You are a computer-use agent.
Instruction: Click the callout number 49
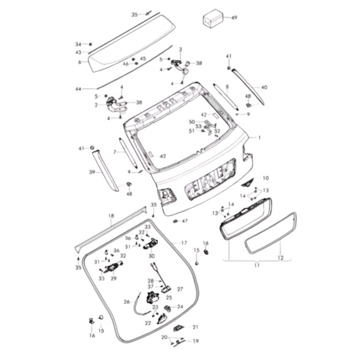tap(234, 17)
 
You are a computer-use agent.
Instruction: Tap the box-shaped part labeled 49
tap(213, 18)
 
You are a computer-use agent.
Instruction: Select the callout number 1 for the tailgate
tap(259, 137)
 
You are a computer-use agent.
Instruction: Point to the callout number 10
tap(266, 178)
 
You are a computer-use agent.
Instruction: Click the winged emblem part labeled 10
tap(248, 183)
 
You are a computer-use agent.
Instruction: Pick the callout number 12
tap(280, 258)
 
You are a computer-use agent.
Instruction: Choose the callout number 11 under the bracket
tap(257, 265)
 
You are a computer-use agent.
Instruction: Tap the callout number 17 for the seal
tap(184, 243)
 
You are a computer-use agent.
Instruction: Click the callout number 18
tap(111, 216)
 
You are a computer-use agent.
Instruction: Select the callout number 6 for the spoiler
tap(80, 62)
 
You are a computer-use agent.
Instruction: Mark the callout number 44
tap(79, 89)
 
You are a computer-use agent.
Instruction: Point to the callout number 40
tap(264, 87)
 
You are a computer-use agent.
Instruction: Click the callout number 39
tap(92, 172)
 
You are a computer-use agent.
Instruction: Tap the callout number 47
tap(185, 221)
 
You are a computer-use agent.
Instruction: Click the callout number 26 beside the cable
tap(127, 302)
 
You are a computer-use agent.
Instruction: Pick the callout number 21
tap(195, 327)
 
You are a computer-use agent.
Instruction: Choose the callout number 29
tap(113, 278)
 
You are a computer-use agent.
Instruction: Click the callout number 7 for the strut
tap(115, 152)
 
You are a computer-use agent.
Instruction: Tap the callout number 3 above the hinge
tap(180, 49)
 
